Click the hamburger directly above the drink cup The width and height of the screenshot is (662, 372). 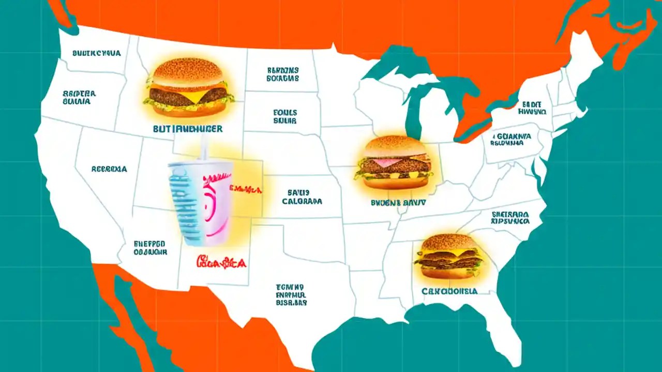point(189,88)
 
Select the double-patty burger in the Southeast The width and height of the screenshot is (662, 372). point(449,257)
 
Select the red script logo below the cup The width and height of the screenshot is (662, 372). point(221,262)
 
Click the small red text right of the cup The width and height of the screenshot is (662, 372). point(245,190)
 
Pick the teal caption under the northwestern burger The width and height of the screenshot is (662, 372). point(188,129)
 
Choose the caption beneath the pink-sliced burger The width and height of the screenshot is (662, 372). point(398,203)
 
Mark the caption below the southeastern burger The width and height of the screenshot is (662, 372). point(449,291)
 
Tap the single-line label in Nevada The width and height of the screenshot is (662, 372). point(109,169)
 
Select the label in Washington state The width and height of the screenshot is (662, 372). point(97,53)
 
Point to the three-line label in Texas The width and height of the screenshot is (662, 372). point(291,295)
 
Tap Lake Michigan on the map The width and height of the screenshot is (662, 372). point(412,111)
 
